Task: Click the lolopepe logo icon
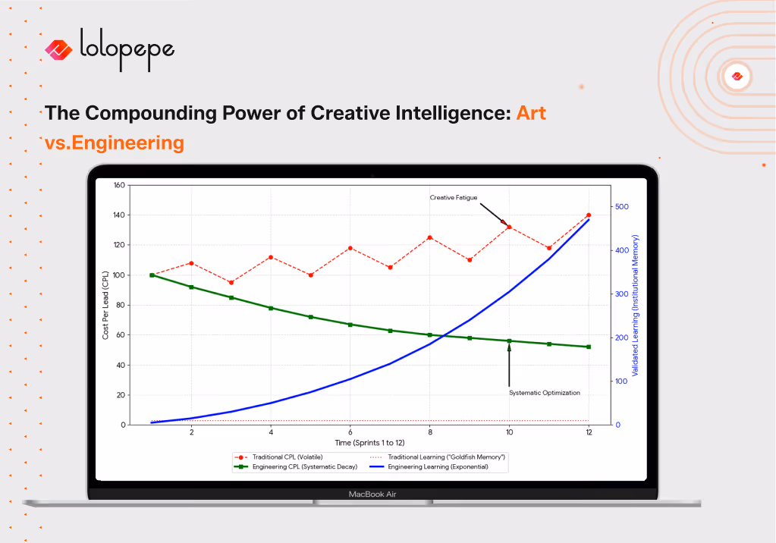click(58, 50)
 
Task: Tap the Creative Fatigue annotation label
click(454, 198)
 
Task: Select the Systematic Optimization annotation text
click(544, 393)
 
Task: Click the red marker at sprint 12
click(589, 215)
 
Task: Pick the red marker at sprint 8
click(429, 237)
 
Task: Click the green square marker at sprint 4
click(271, 308)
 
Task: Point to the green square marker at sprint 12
click(589, 347)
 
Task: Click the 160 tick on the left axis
click(118, 185)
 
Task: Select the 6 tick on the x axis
click(350, 432)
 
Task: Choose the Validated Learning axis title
click(634, 306)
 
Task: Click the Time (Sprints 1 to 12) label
click(370, 442)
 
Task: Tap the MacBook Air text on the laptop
click(372, 494)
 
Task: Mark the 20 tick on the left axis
click(120, 395)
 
